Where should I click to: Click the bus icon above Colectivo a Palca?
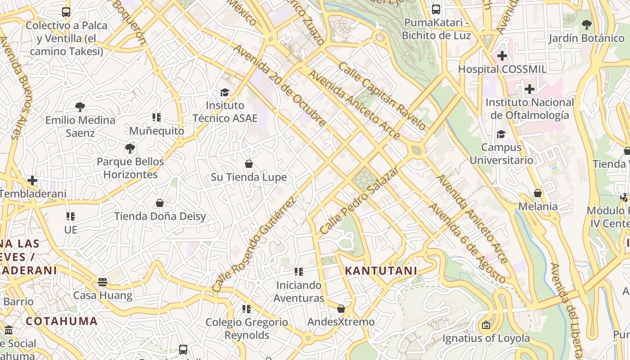pos(66,12)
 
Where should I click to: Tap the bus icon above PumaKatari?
pos(436,9)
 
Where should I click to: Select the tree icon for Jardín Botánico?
pos(586,25)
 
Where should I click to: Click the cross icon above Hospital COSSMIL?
pos(502,56)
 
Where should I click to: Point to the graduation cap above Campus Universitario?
pos(501,134)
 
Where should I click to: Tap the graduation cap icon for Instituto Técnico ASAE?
pos(225,92)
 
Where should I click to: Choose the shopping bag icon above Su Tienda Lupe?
pos(249,164)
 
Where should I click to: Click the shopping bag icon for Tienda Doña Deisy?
pos(160,203)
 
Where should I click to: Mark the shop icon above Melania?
pos(538,193)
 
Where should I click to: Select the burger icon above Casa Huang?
pos(103,282)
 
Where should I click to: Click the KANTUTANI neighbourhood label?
pos(381,271)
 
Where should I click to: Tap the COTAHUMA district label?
pos(62,321)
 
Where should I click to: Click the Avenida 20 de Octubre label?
pos(279,85)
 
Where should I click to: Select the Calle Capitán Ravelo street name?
pos(382,96)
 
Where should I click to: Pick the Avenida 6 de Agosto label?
pos(467,243)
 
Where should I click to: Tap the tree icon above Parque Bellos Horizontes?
pos(130,148)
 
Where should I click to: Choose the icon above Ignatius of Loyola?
pos(486,325)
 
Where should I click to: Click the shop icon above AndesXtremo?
pos(341,309)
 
